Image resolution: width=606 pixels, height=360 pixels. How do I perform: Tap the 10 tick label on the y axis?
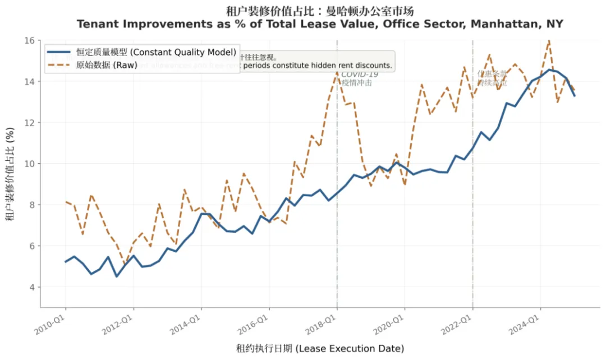[30, 164]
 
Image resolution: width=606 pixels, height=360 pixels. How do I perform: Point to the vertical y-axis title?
[11, 174]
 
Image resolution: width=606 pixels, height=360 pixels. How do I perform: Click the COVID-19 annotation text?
[360, 74]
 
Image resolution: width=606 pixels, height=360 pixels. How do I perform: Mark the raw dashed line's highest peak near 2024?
[548, 40]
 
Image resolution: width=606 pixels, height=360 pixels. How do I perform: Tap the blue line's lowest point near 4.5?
[116, 276]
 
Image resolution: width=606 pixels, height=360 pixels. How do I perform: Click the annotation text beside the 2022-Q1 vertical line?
[492, 78]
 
